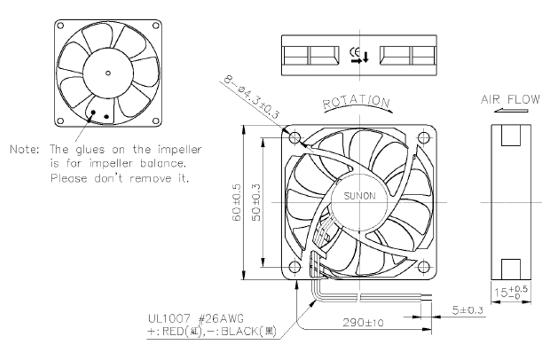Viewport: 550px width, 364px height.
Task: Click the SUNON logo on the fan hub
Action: [360, 196]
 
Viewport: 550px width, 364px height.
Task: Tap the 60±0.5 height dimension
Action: [237, 202]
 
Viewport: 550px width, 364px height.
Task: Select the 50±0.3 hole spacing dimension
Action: [256, 202]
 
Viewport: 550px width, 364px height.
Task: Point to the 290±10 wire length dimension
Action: [364, 322]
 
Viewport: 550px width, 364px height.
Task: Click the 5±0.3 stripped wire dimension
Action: [468, 310]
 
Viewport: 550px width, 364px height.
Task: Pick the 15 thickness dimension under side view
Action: [511, 292]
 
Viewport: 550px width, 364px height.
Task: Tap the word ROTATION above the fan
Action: [356, 102]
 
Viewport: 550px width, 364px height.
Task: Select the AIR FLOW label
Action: [510, 100]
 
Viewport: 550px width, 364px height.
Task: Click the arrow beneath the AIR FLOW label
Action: [512, 111]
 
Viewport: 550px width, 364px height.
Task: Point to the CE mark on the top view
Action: [355, 53]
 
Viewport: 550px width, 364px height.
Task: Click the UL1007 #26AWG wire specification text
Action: [196, 319]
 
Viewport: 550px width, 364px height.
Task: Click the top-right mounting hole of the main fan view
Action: [424, 138]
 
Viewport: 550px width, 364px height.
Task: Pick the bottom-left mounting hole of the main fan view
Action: [295, 267]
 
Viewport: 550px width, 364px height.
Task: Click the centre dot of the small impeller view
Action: [108, 73]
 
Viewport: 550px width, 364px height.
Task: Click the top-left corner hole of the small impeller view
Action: [61, 25]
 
